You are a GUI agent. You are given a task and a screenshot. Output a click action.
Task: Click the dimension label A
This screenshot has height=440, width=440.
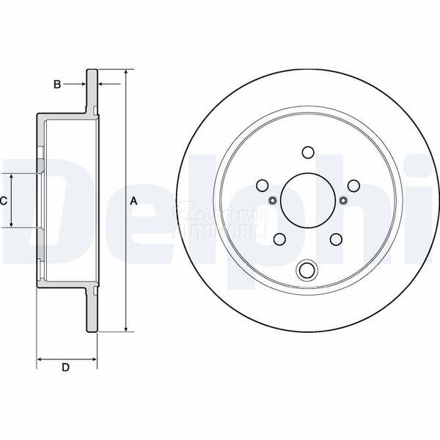(x=133, y=200)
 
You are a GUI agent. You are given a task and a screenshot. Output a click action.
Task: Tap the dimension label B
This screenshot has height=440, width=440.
(x=57, y=84)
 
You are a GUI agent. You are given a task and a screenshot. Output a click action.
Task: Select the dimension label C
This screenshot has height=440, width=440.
(x=4, y=200)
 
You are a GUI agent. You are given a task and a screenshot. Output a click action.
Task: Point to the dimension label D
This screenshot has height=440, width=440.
(x=66, y=367)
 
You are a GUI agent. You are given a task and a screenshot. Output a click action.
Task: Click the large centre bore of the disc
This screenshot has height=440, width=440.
(x=307, y=200)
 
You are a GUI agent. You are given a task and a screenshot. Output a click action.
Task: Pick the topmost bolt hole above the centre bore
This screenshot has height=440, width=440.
(x=307, y=153)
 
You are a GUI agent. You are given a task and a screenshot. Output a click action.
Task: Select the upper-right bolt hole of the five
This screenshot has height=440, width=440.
(x=353, y=186)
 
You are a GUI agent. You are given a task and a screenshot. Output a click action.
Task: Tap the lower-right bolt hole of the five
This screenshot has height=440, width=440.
(x=336, y=239)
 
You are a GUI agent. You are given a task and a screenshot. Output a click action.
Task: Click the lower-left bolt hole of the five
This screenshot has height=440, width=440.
(x=279, y=239)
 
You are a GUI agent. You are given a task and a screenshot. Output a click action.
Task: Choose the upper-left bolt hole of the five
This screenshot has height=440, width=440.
(x=262, y=186)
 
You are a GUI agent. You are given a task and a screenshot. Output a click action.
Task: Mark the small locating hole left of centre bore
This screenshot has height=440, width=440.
(x=272, y=201)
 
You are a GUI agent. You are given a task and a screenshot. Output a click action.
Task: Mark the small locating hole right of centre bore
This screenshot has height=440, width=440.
(x=342, y=201)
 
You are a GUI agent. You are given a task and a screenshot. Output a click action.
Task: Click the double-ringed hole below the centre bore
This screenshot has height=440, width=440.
(x=307, y=271)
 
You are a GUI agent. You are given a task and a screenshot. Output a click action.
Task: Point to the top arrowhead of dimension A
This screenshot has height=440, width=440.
(x=125, y=73)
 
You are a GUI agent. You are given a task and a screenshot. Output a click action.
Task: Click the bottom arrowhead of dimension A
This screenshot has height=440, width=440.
(x=125, y=329)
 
